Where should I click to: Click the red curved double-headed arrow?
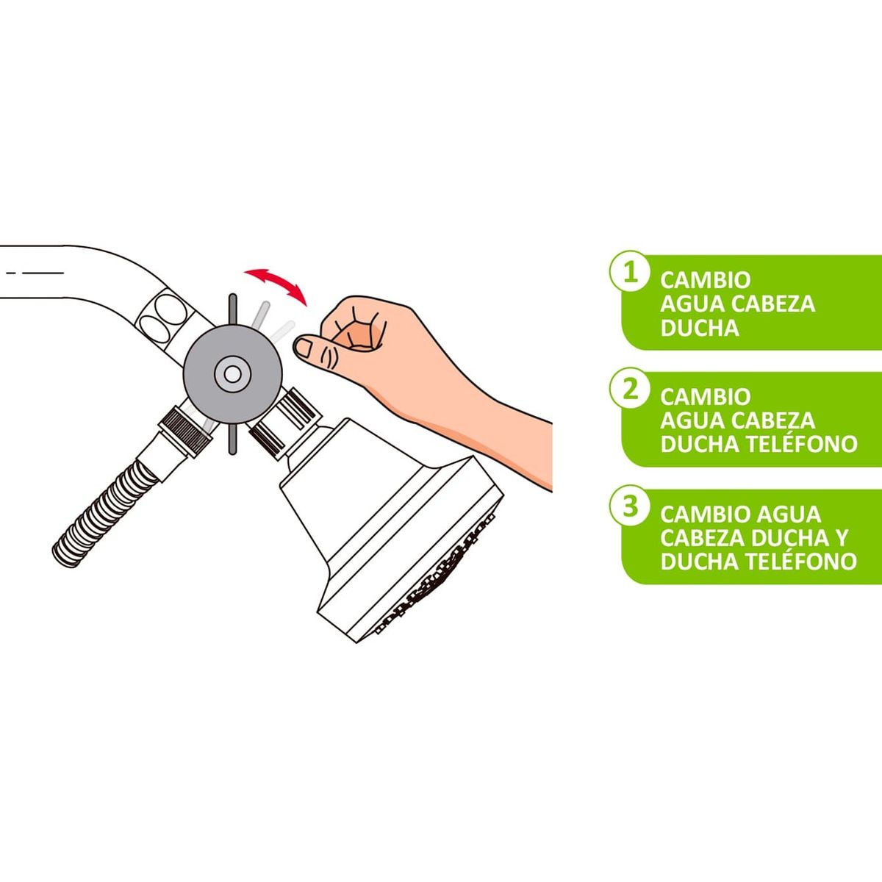point(276,284)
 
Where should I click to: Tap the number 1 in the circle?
point(630,273)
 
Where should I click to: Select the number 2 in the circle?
point(630,390)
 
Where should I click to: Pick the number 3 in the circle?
point(630,506)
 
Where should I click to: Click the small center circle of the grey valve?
point(232,374)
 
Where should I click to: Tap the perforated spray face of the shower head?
point(441,581)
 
